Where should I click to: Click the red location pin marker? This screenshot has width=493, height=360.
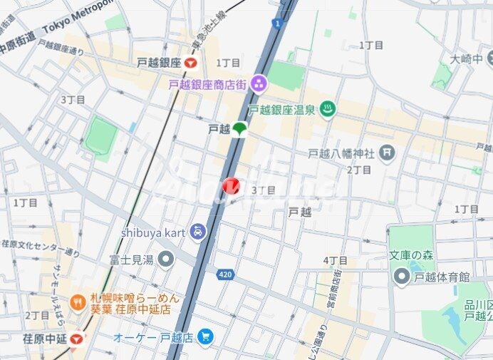click(232, 186)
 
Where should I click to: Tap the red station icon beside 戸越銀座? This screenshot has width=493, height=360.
click(190, 63)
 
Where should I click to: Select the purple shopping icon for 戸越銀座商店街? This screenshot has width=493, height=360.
click(258, 84)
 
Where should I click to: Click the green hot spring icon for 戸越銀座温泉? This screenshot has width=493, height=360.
click(328, 110)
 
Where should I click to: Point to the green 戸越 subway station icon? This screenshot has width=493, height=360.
click(240, 129)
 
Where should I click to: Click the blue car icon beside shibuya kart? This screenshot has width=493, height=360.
click(197, 232)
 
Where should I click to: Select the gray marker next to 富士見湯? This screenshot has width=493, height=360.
click(166, 259)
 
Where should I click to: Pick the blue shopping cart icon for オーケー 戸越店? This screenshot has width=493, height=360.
click(206, 336)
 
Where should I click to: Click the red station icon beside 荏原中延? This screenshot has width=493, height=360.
click(76, 338)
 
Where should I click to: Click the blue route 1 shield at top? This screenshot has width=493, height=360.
click(276, 23)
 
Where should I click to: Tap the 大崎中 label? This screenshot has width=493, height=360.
click(467, 58)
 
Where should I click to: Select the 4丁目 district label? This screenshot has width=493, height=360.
click(335, 260)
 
